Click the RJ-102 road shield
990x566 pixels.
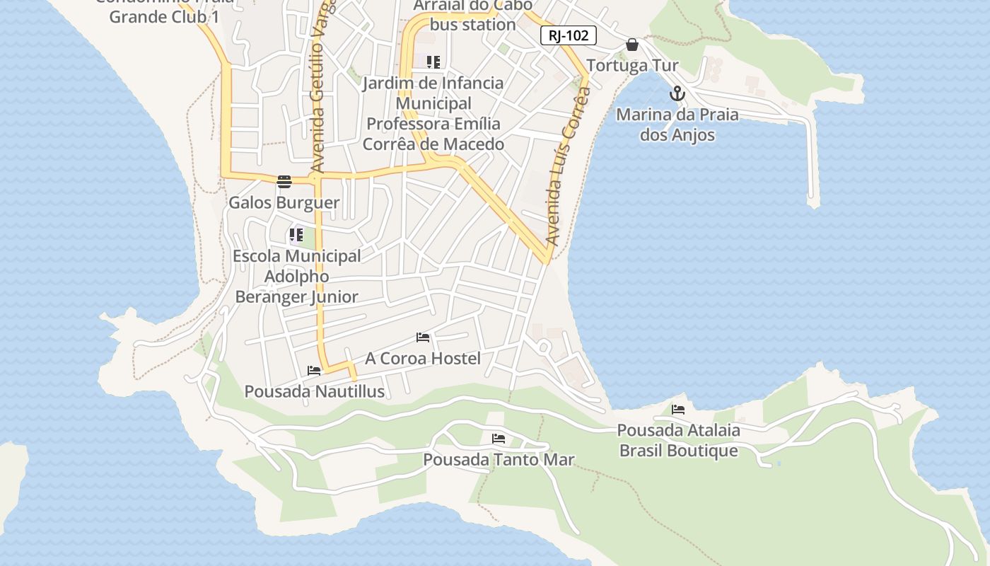tap(569, 35)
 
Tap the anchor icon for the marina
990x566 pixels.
tap(677, 93)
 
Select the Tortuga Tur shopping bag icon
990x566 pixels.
tap(632, 45)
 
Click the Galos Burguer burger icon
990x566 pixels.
tap(284, 182)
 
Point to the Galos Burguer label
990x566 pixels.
tap(284, 203)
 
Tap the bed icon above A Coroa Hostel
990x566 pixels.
tap(423, 337)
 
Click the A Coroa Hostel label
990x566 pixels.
tap(423, 359)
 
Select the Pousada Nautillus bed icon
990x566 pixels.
tap(314, 371)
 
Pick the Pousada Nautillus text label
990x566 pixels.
tap(314, 391)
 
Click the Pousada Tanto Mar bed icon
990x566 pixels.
tap(499, 439)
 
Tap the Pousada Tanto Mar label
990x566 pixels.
tap(499, 460)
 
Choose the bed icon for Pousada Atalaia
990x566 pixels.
tap(678, 410)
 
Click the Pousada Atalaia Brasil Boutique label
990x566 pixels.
tap(678, 440)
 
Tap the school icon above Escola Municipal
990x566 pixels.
tap(296, 235)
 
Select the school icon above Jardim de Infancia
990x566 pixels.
tap(433, 62)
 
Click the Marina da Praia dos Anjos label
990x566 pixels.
tap(677, 125)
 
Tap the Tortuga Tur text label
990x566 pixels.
tap(632, 66)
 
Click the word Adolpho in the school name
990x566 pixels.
tap(296, 276)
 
